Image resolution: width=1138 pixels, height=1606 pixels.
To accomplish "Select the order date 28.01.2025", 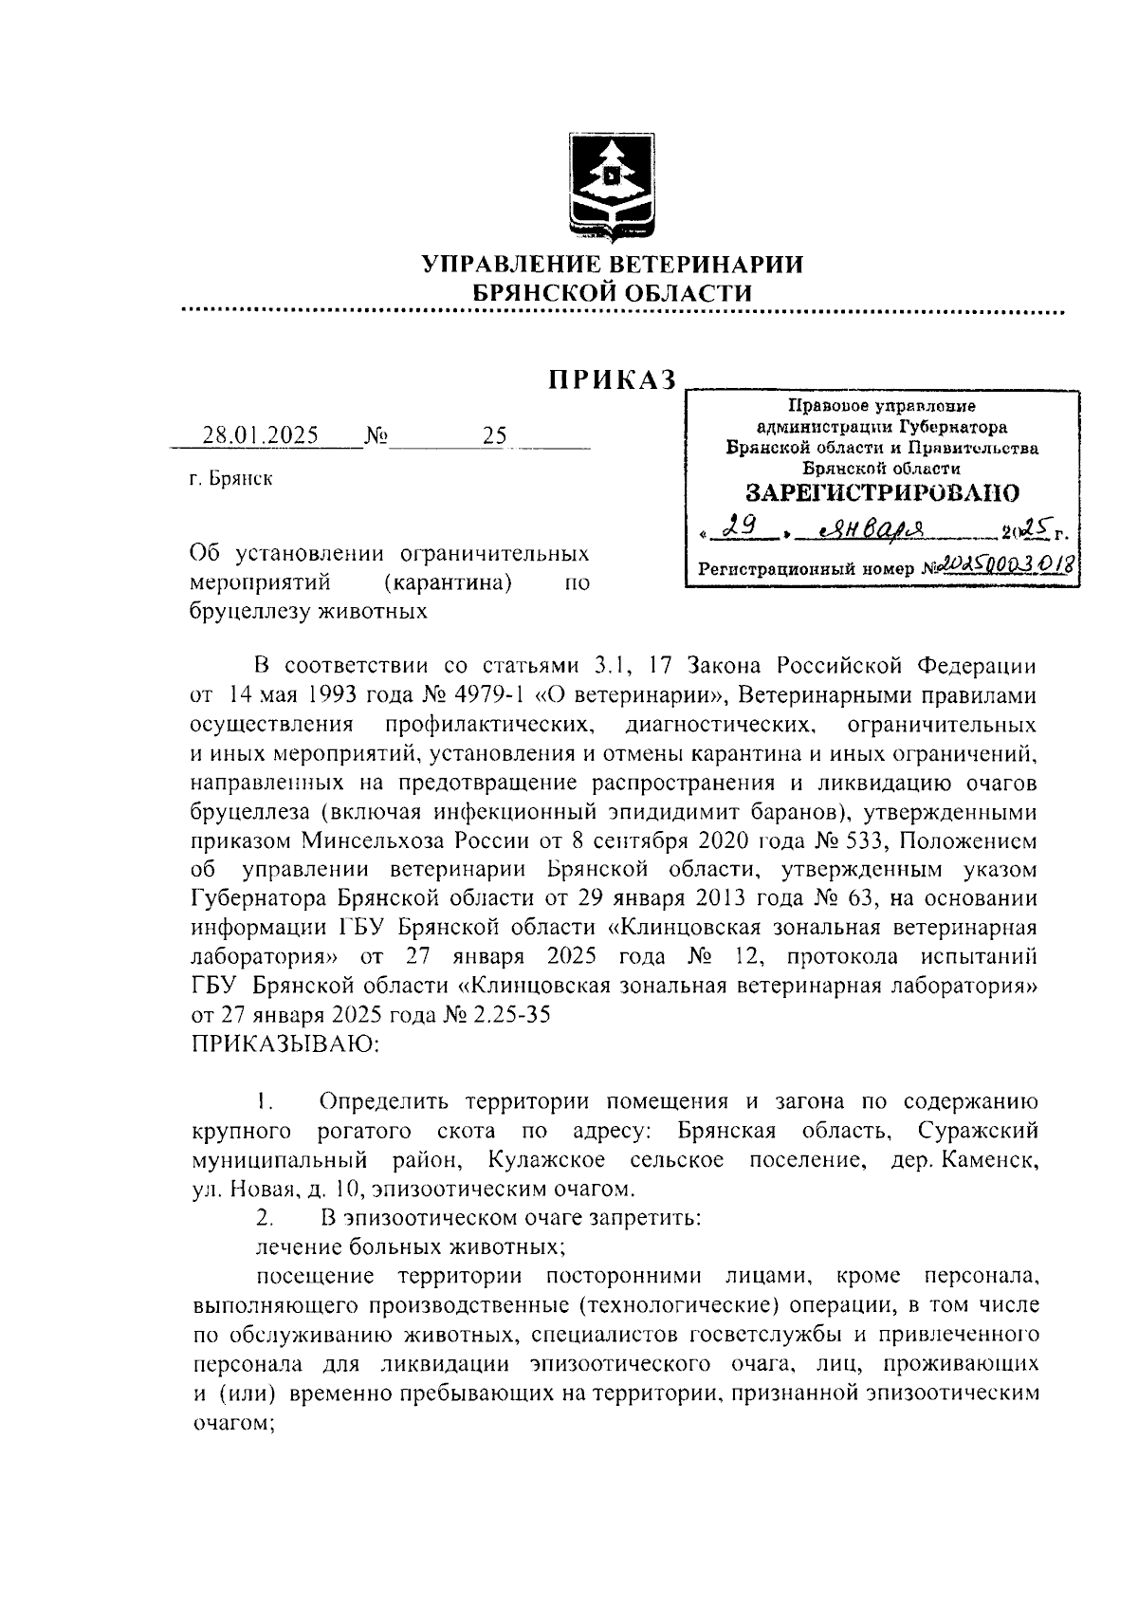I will tap(262, 435).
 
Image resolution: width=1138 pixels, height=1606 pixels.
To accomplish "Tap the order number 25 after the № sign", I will tap(495, 435).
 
